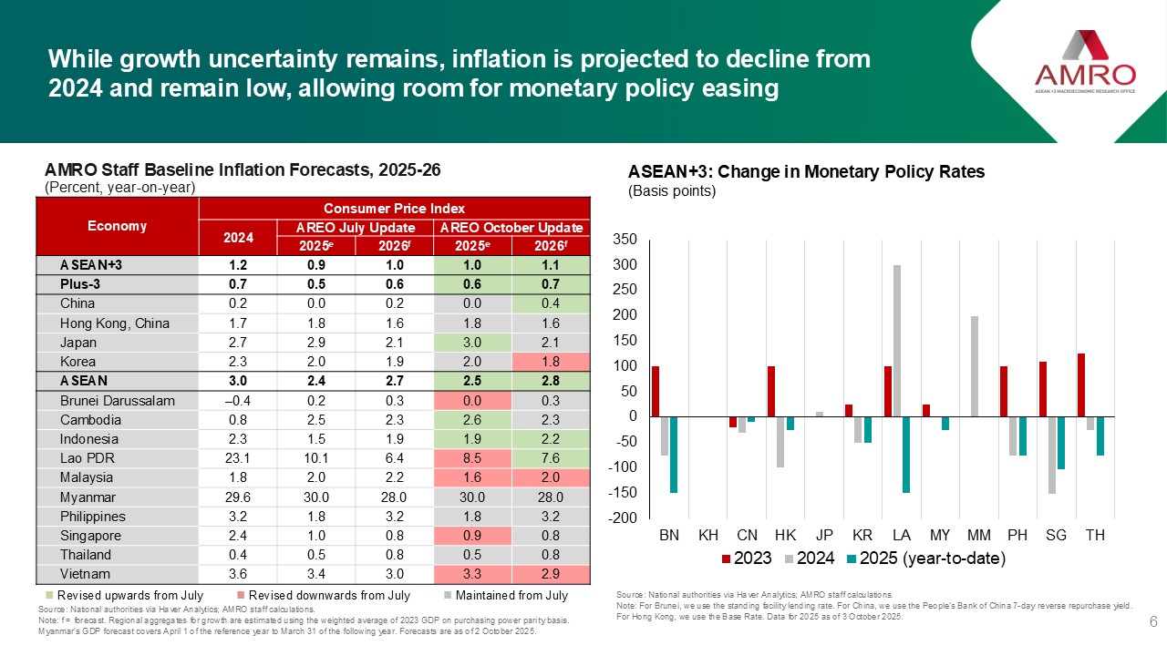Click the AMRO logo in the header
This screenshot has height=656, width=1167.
(1085, 64)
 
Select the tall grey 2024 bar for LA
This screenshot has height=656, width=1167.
(898, 341)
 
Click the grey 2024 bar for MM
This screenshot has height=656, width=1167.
(975, 366)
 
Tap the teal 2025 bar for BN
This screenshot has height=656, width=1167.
(674, 455)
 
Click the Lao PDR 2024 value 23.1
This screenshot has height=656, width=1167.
(237, 457)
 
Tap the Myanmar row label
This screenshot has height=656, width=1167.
(86, 497)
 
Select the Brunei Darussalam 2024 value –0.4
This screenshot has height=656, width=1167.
(237, 401)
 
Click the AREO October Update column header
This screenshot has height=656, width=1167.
(511, 228)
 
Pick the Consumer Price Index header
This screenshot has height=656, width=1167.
(393, 208)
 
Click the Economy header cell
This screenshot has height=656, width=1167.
(117, 226)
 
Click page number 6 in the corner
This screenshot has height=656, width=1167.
(1153, 622)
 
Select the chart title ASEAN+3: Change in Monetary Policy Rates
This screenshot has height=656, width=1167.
(806, 172)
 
